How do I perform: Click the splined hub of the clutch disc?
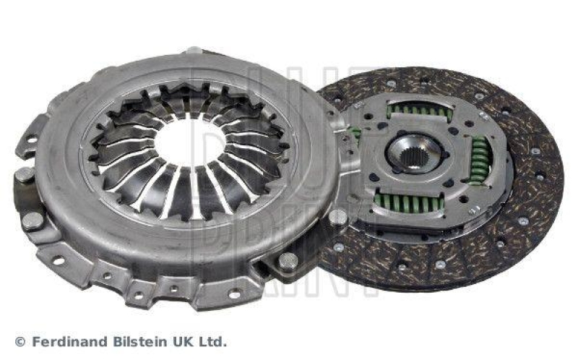coord(414,153)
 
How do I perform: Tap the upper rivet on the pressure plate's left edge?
coord(25,174)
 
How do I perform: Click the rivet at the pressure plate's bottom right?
coord(288,260)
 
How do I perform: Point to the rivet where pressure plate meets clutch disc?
coord(337,216)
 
